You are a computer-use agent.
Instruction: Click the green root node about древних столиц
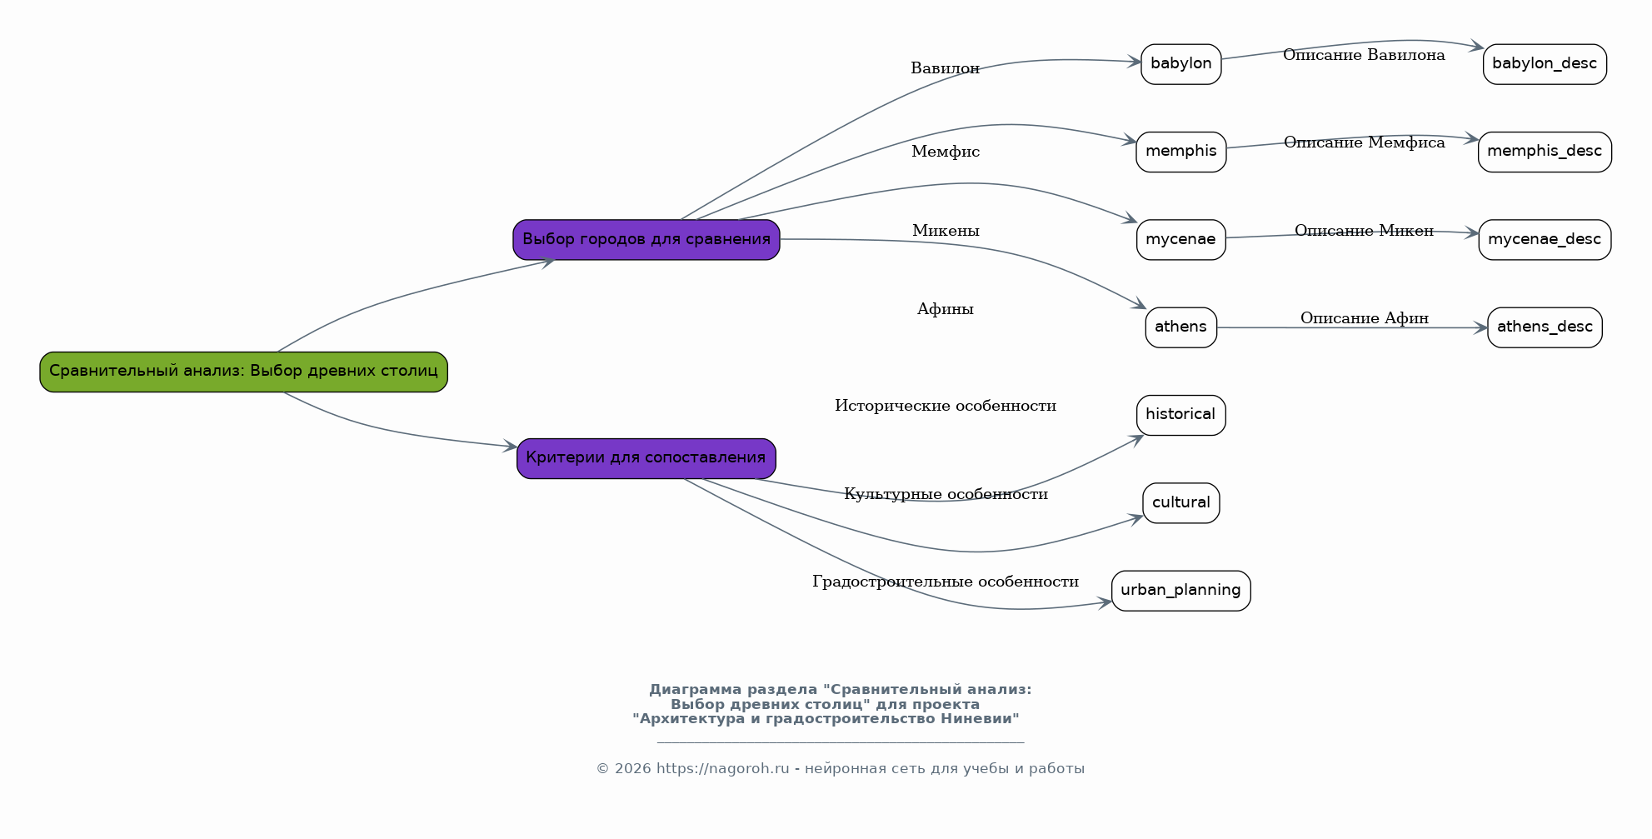(x=243, y=372)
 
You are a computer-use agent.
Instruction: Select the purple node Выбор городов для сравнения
(x=646, y=240)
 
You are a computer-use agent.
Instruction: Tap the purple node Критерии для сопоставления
(x=646, y=458)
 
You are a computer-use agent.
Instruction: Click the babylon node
(x=1181, y=64)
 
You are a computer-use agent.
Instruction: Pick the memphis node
(x=1181, y=152)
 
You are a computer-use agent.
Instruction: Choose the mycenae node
(x=1181, y=240)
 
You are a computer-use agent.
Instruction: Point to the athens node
(x=1181, y=327)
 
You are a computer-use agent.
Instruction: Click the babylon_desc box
(x=1545, y=64)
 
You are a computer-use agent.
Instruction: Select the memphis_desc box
(x=1545, y=152)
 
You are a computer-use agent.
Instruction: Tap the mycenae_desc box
(x=1545, y=240)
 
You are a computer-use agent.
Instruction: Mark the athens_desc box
(x=1545, y=327)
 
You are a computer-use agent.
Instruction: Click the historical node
(x=1181, y=415)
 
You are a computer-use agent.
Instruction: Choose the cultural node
(x=1181, y=503)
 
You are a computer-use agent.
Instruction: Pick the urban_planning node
(x=1181, y=591)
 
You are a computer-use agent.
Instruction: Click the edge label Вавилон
(x=946, y=68)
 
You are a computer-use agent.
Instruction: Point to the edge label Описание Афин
(x=1365, y=318)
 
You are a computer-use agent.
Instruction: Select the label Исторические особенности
(x=946, y=406)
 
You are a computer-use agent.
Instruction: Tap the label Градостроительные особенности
(x=946, y=582)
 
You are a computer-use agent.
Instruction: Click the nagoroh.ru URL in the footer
(x=723, y=769)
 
